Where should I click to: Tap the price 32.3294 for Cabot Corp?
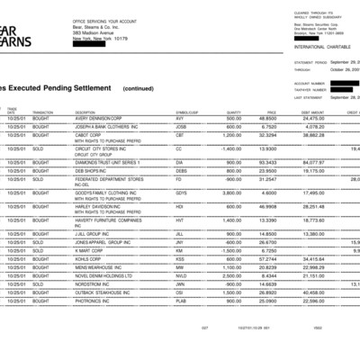point(267,134)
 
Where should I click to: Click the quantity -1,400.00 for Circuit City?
point(229,148)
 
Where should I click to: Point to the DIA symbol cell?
point(180,162)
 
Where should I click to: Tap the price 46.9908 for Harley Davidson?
point(267,206)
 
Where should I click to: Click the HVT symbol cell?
point(180,220)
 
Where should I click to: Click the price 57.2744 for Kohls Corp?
point(267,257)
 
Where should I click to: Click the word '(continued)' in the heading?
point(138,89)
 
